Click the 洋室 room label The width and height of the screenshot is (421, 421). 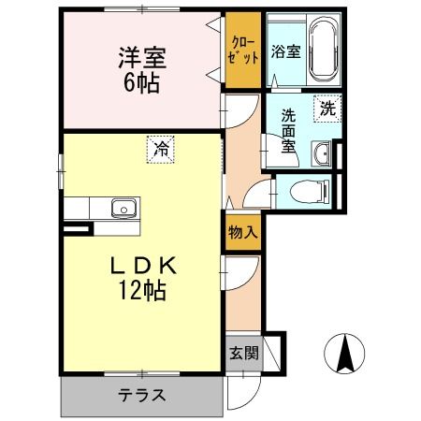click(142, 58)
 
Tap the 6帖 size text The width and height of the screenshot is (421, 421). click(142, 82)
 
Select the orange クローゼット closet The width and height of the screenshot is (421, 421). click(241, 51)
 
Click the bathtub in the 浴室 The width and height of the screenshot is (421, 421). click(322, 50)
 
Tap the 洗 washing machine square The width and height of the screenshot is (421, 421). click(327, 108)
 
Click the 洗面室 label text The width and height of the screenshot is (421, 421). click(290, 130)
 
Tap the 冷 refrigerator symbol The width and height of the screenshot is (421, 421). click(161, 148)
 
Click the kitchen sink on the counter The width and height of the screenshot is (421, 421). click(123, 209)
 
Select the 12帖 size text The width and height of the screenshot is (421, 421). click(141, 291)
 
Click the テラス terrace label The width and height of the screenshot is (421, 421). click(141, 394)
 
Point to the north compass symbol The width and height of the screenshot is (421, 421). click(343, 353)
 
